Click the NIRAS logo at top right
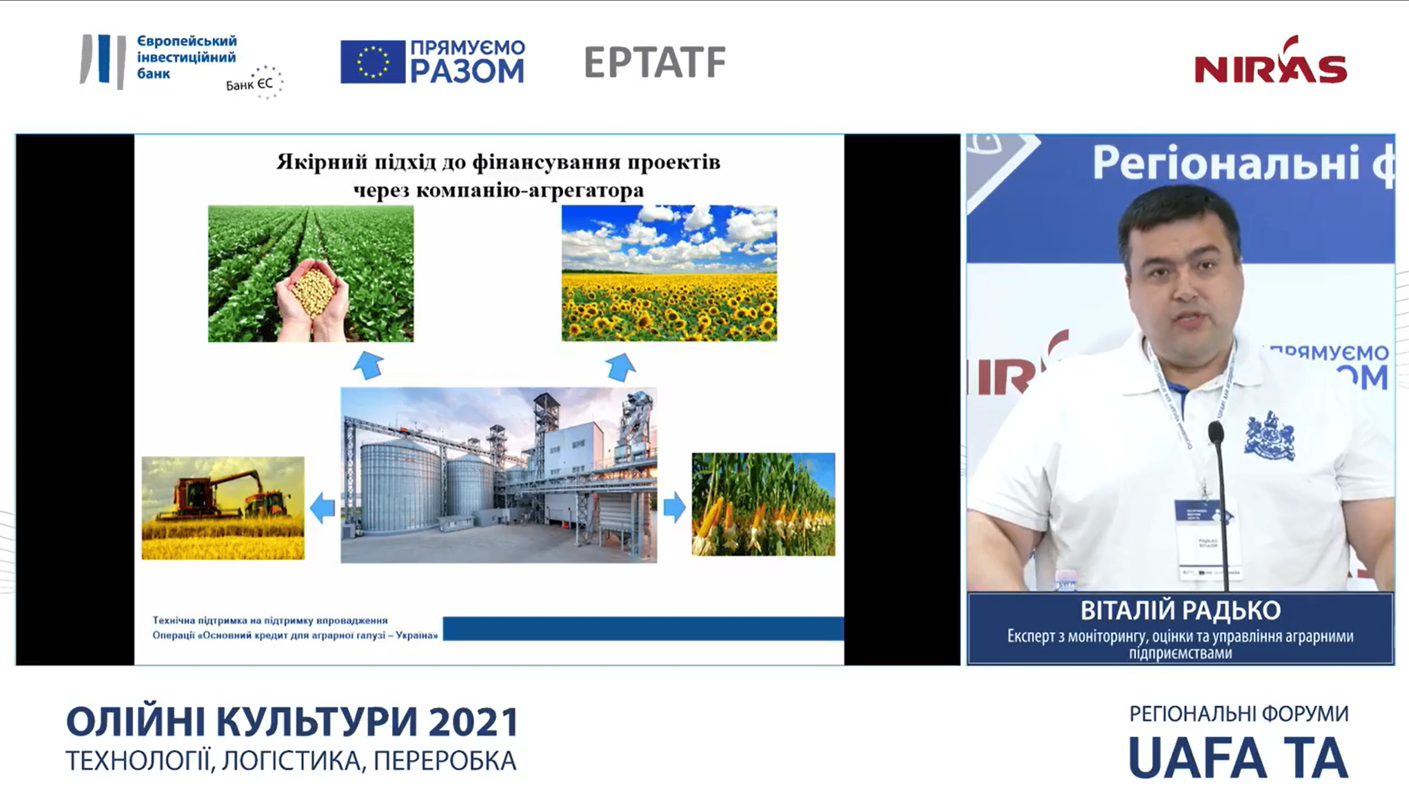coord(1270,61)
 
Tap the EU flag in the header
coord(372,62)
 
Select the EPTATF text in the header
coord(655,62)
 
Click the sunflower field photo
coord(669,273)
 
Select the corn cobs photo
coord(763,504)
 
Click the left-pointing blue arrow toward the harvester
coord(322,507)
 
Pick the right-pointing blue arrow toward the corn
coord(674,507)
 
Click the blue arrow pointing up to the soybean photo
coord(368,365)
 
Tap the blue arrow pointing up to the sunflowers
coord(620,366)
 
